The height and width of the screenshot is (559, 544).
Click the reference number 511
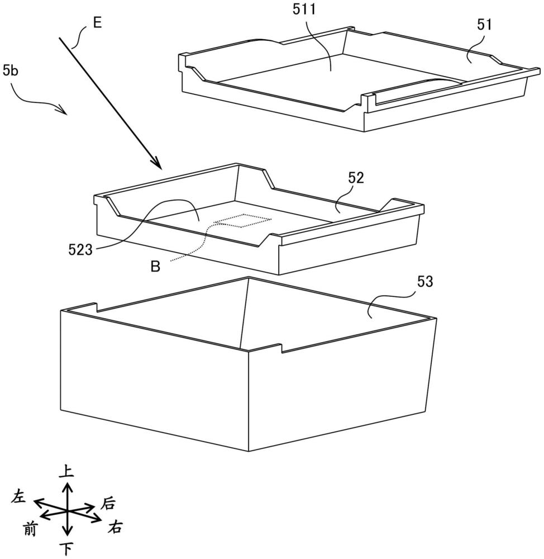(x=304, y=10)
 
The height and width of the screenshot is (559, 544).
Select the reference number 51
(x=484, y=25)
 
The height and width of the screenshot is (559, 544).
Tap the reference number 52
(x=356, y=178)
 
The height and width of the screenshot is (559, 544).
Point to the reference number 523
(x=80, y=250)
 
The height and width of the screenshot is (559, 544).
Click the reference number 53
(x=424, y=282)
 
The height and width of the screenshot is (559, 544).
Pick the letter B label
(x=155, y=266)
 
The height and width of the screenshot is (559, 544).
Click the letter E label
(x=97, y=23)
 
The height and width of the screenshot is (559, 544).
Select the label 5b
(x=10, y=70)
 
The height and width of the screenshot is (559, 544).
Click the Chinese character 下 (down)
(x=66, y=549)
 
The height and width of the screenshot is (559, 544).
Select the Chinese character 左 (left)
(x=18, y=496)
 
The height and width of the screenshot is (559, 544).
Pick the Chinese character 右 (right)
(x=115, y=527)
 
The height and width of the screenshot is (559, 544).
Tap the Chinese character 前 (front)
(x=30, y=529)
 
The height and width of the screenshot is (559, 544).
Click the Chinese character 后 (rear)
(x=108, y=504)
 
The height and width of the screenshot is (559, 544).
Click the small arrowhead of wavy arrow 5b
(x=64, y=111)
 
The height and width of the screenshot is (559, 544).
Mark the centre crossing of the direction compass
(x=68, y=511)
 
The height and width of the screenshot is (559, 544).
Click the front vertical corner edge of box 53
(x=249, y=401)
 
